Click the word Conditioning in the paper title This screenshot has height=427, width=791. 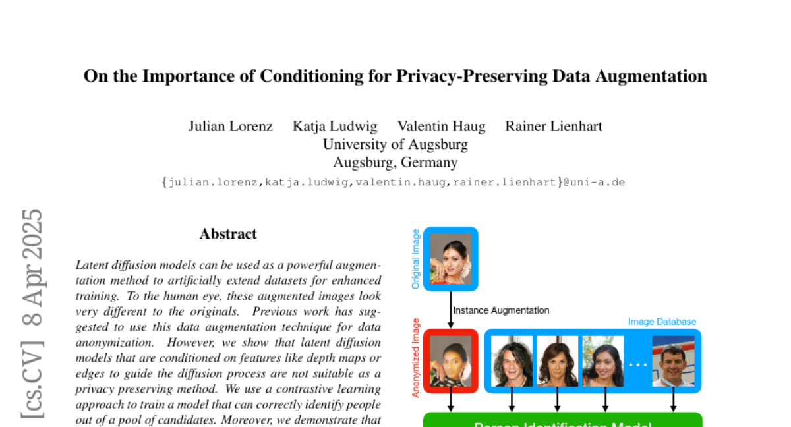click(303, 76)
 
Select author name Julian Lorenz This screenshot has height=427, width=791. click(230, 126)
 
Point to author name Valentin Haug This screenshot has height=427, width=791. click(441, 126)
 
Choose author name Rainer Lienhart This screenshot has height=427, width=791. click(553, 126)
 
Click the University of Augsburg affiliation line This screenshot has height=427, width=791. click(395, 144)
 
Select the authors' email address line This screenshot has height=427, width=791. click(393, 182)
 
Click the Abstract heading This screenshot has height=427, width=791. click(228, 234)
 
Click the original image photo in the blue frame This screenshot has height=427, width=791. click(451, 259)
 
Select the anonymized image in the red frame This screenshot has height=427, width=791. click(451, 361)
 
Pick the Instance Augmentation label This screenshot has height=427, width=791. click(501, 310)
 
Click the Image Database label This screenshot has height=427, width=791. click(662, 322)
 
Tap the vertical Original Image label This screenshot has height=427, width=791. click(415, 259)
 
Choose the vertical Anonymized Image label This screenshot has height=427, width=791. click(415, 358)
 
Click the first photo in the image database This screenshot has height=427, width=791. click(512, 361)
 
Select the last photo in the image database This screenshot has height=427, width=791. click(673, 361)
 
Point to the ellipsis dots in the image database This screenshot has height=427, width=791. click(637, 363)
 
